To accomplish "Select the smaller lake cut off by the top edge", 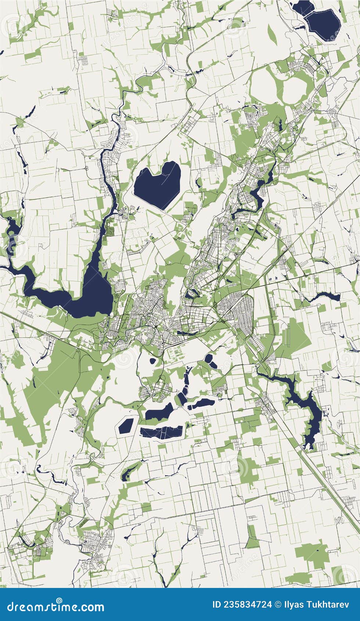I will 302,7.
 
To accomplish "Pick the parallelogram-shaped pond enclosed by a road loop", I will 126,426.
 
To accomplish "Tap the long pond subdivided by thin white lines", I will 162,432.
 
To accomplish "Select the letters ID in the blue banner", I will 217,604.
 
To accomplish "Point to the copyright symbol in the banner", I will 278,604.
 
